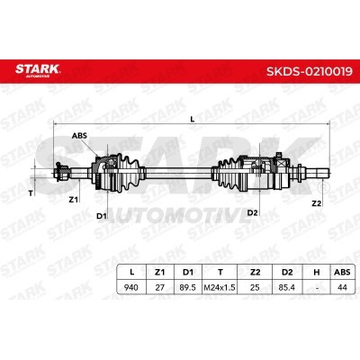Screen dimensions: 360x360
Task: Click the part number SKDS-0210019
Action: [310, 72]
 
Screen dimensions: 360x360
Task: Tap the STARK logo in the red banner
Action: [38, 70]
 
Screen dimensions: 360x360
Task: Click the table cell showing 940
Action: [131, 287]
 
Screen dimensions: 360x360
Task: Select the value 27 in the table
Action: [160, 287]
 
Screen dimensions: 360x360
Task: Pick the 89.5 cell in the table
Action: [188, 287]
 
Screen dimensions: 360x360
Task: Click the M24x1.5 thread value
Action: [220, 288]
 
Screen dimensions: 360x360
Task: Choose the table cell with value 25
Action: [255, 287]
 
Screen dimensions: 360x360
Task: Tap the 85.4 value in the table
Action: [286, 287]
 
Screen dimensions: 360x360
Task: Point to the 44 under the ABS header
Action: [342, 287]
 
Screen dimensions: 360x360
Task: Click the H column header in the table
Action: [316, 272]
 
